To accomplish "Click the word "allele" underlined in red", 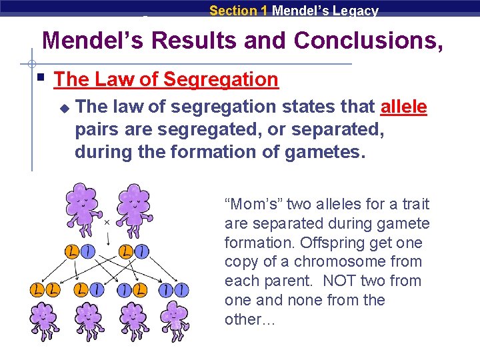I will [403, 107].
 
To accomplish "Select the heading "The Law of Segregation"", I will [165, 79].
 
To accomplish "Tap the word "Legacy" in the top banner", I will [354, 11].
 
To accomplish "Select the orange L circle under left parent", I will [72, 252].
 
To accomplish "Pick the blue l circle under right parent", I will [142, 252].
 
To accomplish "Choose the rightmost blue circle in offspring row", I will [182, 291].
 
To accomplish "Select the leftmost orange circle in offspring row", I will [36, 291].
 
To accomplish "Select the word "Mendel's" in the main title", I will [93, 41].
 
